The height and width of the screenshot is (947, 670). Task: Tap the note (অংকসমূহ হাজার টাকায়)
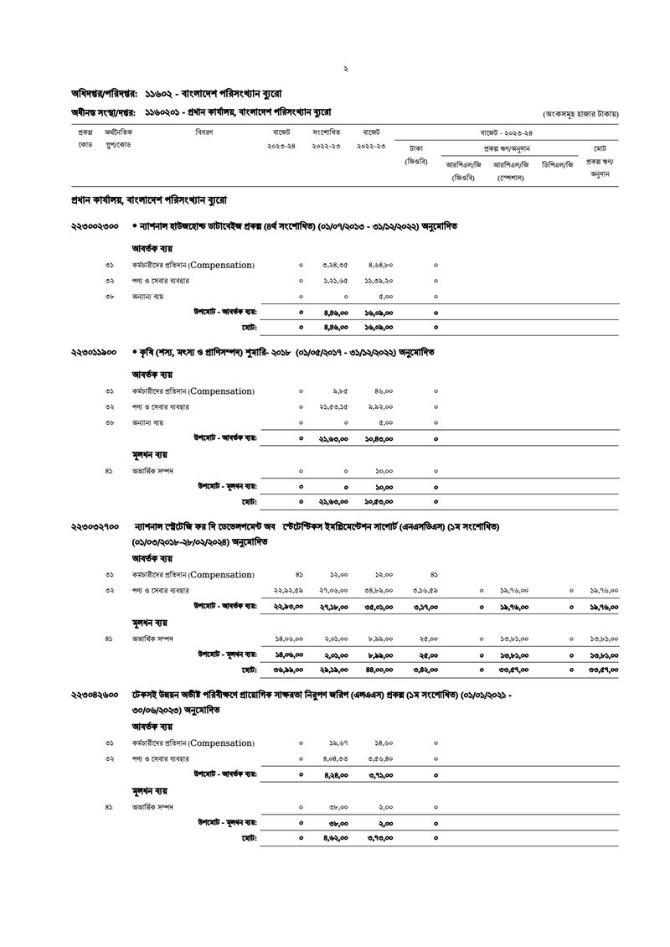pos(580,112)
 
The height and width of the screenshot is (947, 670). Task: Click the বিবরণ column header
pos(204,132)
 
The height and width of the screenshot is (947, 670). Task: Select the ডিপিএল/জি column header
pos(558,164)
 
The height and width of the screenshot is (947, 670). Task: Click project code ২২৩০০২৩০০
pos(95,226)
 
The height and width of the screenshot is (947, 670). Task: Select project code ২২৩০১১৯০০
pos(95,352)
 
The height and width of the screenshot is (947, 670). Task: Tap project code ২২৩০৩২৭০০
pos(95,526)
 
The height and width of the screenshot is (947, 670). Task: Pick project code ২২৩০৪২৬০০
pos(95,696)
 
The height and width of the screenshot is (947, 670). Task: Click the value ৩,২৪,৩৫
pos(335,266)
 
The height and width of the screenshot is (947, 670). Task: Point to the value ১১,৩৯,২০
pos(379,281)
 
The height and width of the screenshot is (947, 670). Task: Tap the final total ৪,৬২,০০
pos(335,838)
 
